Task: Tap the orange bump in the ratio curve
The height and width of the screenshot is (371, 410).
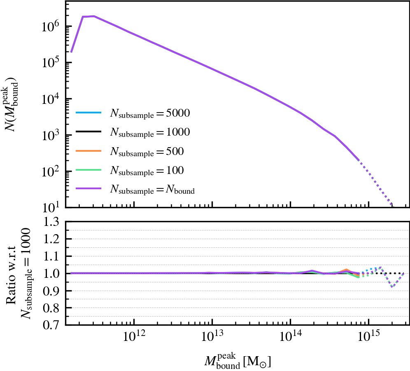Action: [347, 270]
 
